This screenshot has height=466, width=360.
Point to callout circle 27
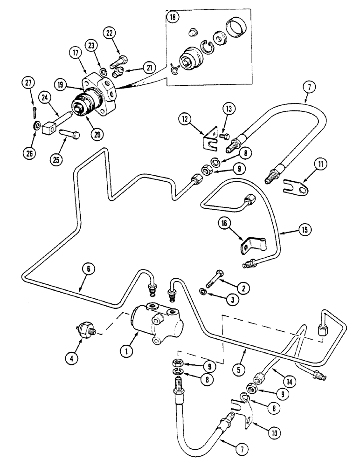29,83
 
